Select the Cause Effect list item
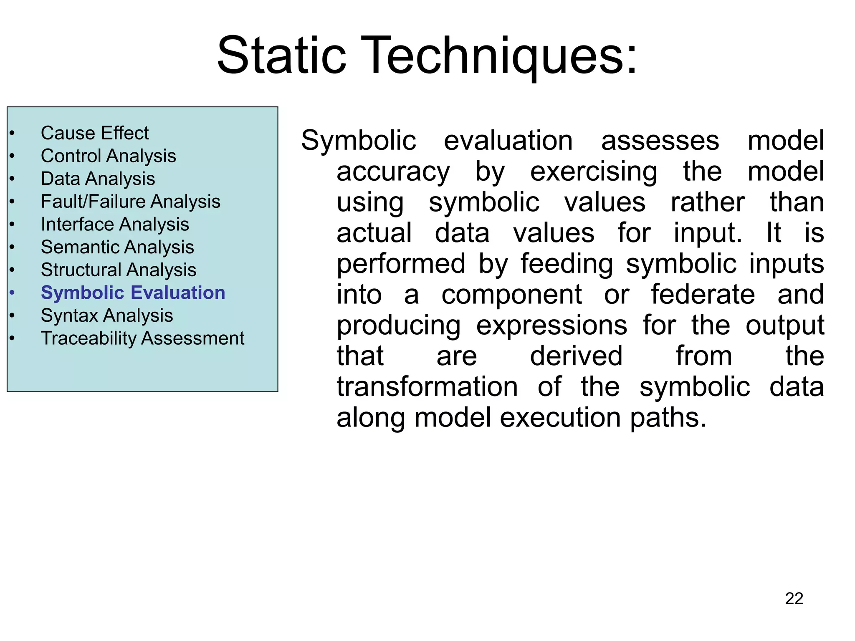coord(95,133)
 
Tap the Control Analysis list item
coord(109,156)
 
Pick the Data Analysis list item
coord(98,179)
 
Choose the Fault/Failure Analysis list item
coord(131,202)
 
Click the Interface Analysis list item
coord(115,225)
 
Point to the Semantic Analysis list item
coord(117,247)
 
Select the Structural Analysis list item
coord(119,270)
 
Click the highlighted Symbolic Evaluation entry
coord(133,293)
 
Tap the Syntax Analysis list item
coord(107,315)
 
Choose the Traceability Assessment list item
coord(142,338)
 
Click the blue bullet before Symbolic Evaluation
coord(12,293)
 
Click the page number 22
coord(794,598)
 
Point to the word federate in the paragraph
coord(703,294)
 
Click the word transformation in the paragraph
coord(427,387)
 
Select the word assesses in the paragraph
coord(660,140)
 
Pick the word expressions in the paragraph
coord(551,325)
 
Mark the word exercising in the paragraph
coord(594,171)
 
